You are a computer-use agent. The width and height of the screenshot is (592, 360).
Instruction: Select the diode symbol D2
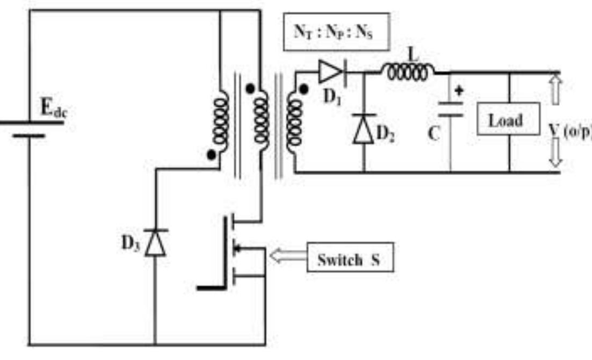363,129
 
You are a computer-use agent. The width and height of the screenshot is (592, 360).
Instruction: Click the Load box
507,121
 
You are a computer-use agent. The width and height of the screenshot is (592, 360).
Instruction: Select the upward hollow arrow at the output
555,88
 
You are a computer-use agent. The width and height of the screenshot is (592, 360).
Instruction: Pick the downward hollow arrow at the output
555,154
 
